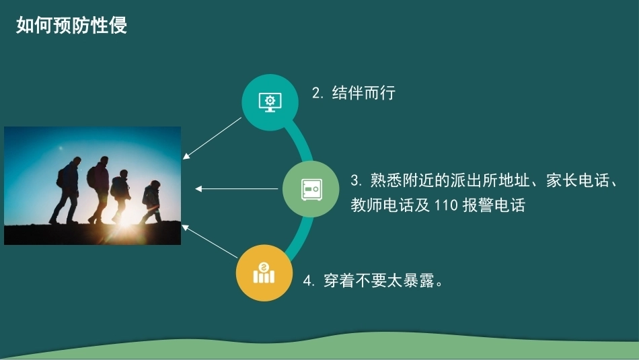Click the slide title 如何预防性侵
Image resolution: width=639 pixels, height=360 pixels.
tap(72, 26)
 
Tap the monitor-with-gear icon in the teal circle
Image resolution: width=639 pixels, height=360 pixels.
tap(270, 102)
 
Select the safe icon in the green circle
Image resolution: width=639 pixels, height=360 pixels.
tap(311, 189)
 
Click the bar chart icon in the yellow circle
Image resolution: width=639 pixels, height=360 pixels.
tap(264, 273)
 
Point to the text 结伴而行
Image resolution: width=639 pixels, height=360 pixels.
tap(363, 93)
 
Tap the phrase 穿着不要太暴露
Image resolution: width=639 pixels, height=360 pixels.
tap(379, 281)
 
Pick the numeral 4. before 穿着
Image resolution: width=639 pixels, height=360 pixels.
tap(309, 281)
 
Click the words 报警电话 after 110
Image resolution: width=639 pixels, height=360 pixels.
tap(494, 205)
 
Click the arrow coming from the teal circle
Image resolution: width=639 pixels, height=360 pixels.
tap(212, 138)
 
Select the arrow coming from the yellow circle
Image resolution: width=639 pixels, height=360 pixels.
tap(209, 242)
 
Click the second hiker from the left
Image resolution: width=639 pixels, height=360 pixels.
tap(98, 190)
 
